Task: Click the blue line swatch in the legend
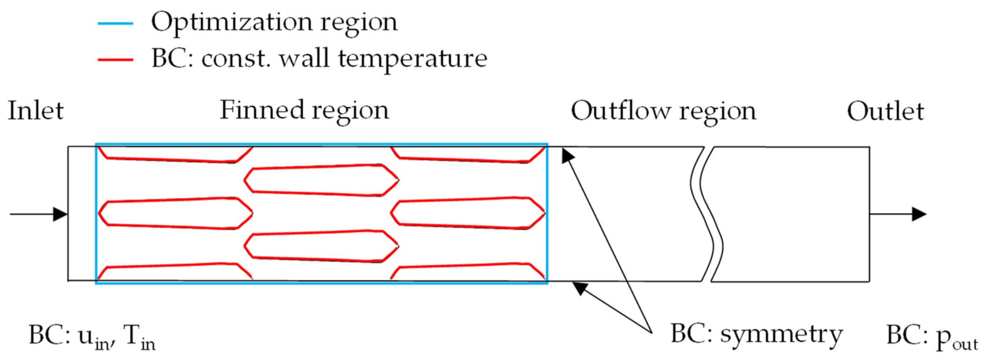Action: [x=115, y=24]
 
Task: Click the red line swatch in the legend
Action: [x=115, y=60]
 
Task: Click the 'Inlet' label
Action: [x=35, y=111]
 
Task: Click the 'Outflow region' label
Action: [x=663, y=112]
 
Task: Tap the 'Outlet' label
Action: [x=885, y=112]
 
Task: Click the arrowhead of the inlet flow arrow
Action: [x=60, y=214]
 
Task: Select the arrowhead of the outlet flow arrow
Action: [x=919, y=214]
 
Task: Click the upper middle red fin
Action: [x=321, y=180]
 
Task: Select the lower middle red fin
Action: [x=321, y=246]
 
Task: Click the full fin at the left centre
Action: [x=175, y=213]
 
